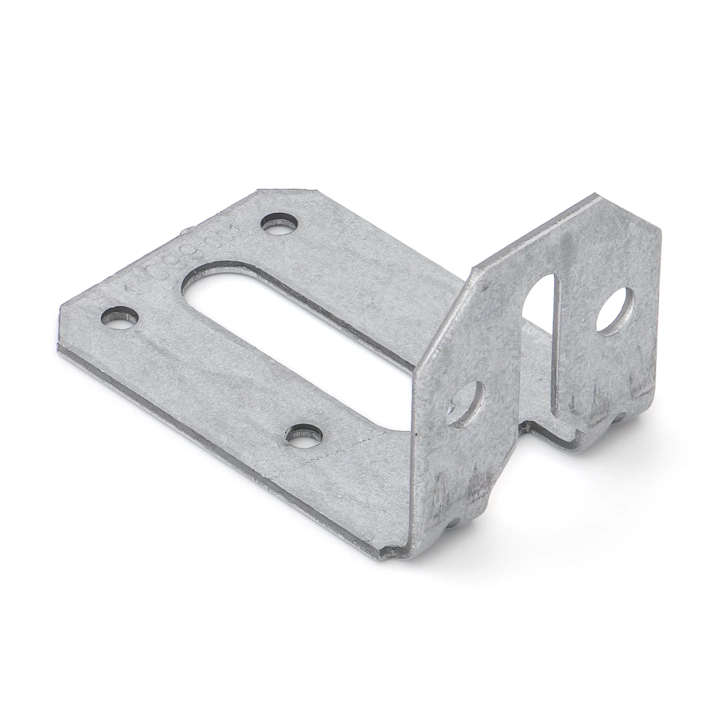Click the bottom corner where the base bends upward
point(395,550)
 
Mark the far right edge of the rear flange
point(659,300)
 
